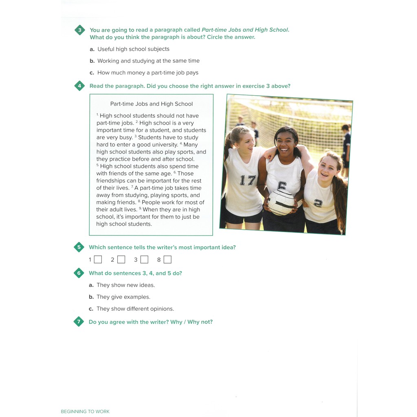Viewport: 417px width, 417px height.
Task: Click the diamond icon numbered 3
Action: (79, 30)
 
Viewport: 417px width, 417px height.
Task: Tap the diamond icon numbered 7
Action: (79, 322)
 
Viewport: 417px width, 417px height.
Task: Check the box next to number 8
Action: (167, 259)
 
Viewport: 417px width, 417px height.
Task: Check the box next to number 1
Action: (98, 259)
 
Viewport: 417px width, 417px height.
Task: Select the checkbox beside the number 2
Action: (121, 259)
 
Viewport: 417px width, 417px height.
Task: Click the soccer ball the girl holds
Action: (281, 202)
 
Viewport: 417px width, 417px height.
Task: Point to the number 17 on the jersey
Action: (247, 180)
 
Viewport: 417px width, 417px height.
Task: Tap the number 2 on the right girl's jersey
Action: (318, 203)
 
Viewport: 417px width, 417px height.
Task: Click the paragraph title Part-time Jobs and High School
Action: (151, 104)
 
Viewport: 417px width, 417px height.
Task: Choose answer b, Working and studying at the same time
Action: (148, 61)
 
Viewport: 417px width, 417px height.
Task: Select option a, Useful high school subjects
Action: (133, 49)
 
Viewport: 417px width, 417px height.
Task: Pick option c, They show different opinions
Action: (135, 309)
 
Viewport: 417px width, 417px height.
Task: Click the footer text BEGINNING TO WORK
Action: (85, 411)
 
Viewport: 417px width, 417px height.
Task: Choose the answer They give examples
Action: (123, 297)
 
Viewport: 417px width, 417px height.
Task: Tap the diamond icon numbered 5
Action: (79, 247)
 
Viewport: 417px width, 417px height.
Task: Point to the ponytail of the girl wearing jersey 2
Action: (340, 195)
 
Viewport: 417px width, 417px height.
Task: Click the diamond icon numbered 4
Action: (79, 86)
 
